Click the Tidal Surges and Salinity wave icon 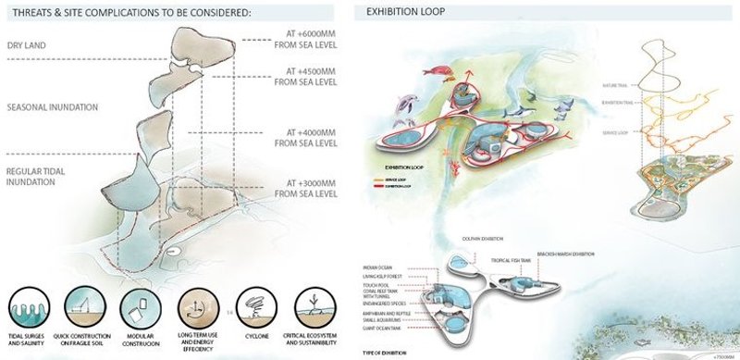31,305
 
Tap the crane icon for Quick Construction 89,305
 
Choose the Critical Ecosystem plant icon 314,305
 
